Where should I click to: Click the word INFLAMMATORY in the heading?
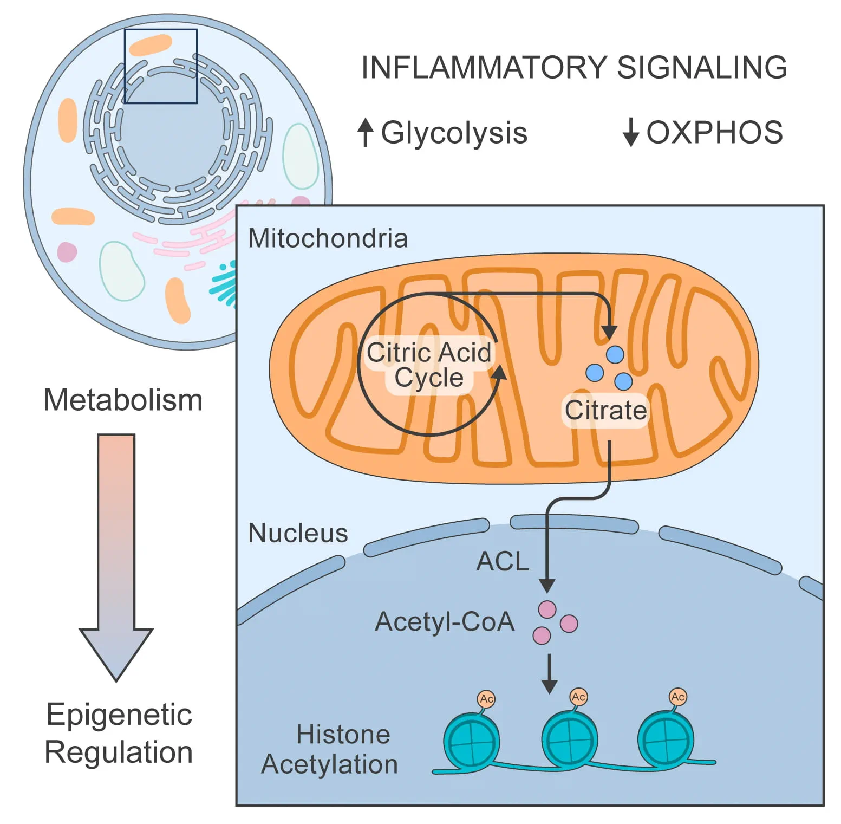[x=484, y=68]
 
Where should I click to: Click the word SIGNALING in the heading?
[x=702, y=68]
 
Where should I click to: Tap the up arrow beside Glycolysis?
[x=366, y=132]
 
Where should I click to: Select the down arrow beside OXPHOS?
[x=630, y=132]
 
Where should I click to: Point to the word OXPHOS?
[x=715, y=133]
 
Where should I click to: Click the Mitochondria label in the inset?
[x=328, y=238]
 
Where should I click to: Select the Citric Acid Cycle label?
[x=429, y=365]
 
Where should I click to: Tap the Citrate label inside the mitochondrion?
[x=605, y=410]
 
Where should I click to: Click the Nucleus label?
[x=298, y=533]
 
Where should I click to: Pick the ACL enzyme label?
[x=503, y=561]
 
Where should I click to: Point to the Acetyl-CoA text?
[x=445, y=622]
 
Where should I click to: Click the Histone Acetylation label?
[x=330, y=749]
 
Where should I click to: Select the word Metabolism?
[x=123, y=400]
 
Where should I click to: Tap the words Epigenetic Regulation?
[x=119, y=733]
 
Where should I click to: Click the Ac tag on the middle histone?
[x=578, y=697]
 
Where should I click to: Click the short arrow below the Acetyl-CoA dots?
[x=549, y=674]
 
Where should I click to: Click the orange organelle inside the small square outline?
[x=151, y=45]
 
